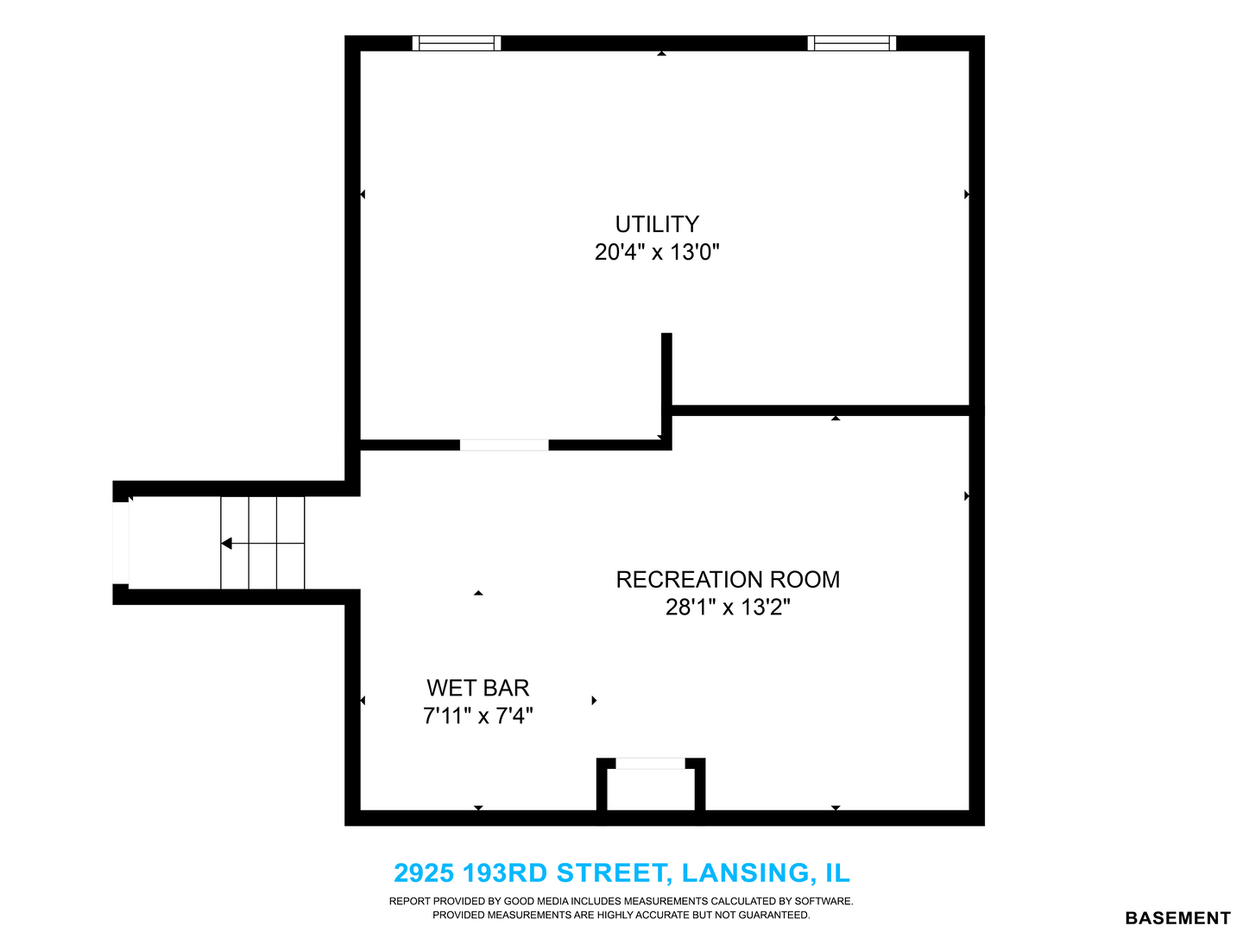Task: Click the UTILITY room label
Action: pyautogui.click(x=657, y=224)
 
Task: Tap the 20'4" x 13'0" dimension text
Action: pyautogui.click(x=657, y=252)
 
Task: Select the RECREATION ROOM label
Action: pyautogui.click(x=728, y=580)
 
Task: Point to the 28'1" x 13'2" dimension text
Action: pyautogui.click(x=728, y=608)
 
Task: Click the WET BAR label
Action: pyautogui.click(x=478, y=689)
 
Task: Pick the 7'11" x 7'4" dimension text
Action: pyautogui.click(x=478, y=716)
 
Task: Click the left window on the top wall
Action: pyautogui.click(x=457, y=43)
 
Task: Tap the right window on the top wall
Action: pyautogui.click(x=852, y=43)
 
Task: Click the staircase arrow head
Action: pyautogui.click(x=226, y=544)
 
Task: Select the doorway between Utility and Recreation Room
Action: pyautogui.click(x=504, y=445)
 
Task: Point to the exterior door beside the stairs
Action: pyautogui.click(x=121, y=544)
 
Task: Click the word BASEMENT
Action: pyautogui.click(x=1178, y=918)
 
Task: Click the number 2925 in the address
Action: pyautogui.click(x=424, y=873)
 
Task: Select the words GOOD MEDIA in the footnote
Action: pyautogui.click(x=536, y=902)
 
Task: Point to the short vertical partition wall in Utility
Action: pyautogui.click(x=666, y=369)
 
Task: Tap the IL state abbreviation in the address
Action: pyautogui.click(x=837, y=873)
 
